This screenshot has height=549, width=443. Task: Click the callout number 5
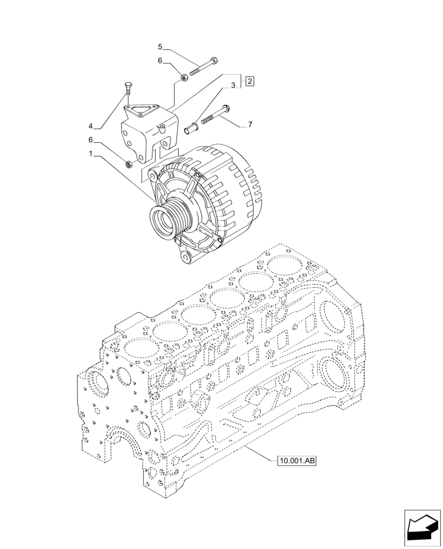[x=160, y=47]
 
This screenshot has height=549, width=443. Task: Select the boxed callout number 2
[x=249, y=82]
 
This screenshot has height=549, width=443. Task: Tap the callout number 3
[x=233, y=86]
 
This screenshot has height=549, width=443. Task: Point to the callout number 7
[x=250, y=125]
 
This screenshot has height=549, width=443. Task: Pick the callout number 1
[x=91, y=155]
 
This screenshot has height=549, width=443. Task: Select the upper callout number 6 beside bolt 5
[x=160, y=61]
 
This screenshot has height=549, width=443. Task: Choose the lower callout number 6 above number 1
[x=91, y=141]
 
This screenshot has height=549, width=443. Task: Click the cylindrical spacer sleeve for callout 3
[x=192, y=128]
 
